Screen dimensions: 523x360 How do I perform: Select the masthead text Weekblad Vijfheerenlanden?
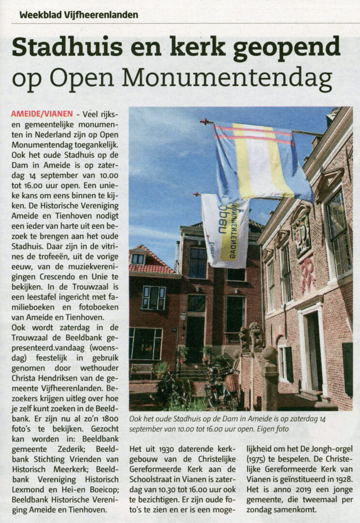click(x=78, y=15)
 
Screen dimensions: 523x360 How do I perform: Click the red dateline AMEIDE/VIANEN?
click(x=42, y=114)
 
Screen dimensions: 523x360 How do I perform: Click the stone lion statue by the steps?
click(x=255, y=335)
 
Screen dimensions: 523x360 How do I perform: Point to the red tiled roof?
click(x=150, y=264)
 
